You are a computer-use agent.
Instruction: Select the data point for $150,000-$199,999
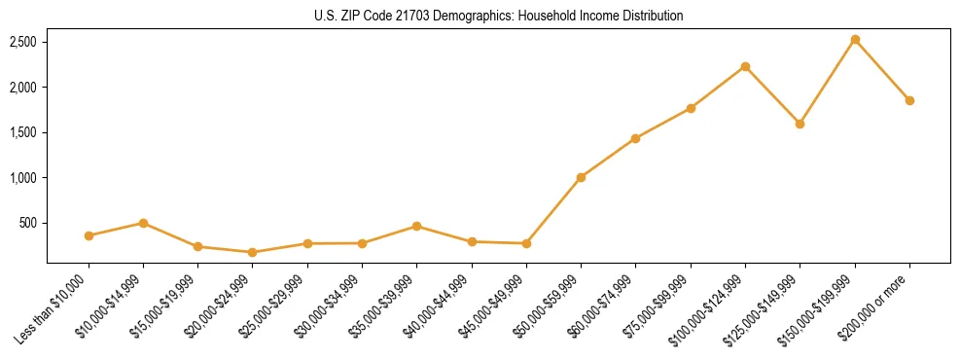[x=855, y=40]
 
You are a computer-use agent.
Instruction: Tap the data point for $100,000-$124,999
[x=745, y=66]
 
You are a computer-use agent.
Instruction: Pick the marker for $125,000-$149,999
[x=800, y=124]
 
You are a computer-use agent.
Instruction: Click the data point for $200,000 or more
[x=909, y=100]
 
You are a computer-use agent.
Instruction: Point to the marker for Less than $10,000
[x=89, y=235]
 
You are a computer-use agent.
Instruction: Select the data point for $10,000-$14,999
[x=143, y=223]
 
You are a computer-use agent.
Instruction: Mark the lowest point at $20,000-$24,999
[x=253, y=252]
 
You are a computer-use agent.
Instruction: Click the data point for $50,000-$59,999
[x=581, y=177]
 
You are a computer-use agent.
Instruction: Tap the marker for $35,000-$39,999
[x=416, y=226]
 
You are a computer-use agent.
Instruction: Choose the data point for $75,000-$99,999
[x=691, y=108]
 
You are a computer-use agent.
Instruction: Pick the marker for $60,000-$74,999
[x=635, y=138]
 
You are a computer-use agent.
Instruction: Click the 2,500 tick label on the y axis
[x=23, y=42]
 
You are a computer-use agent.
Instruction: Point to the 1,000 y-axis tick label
[x=23, y=178]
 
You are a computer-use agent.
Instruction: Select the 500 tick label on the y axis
[x=29, y=223]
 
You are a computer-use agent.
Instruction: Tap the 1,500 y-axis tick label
[x=23, y=132]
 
